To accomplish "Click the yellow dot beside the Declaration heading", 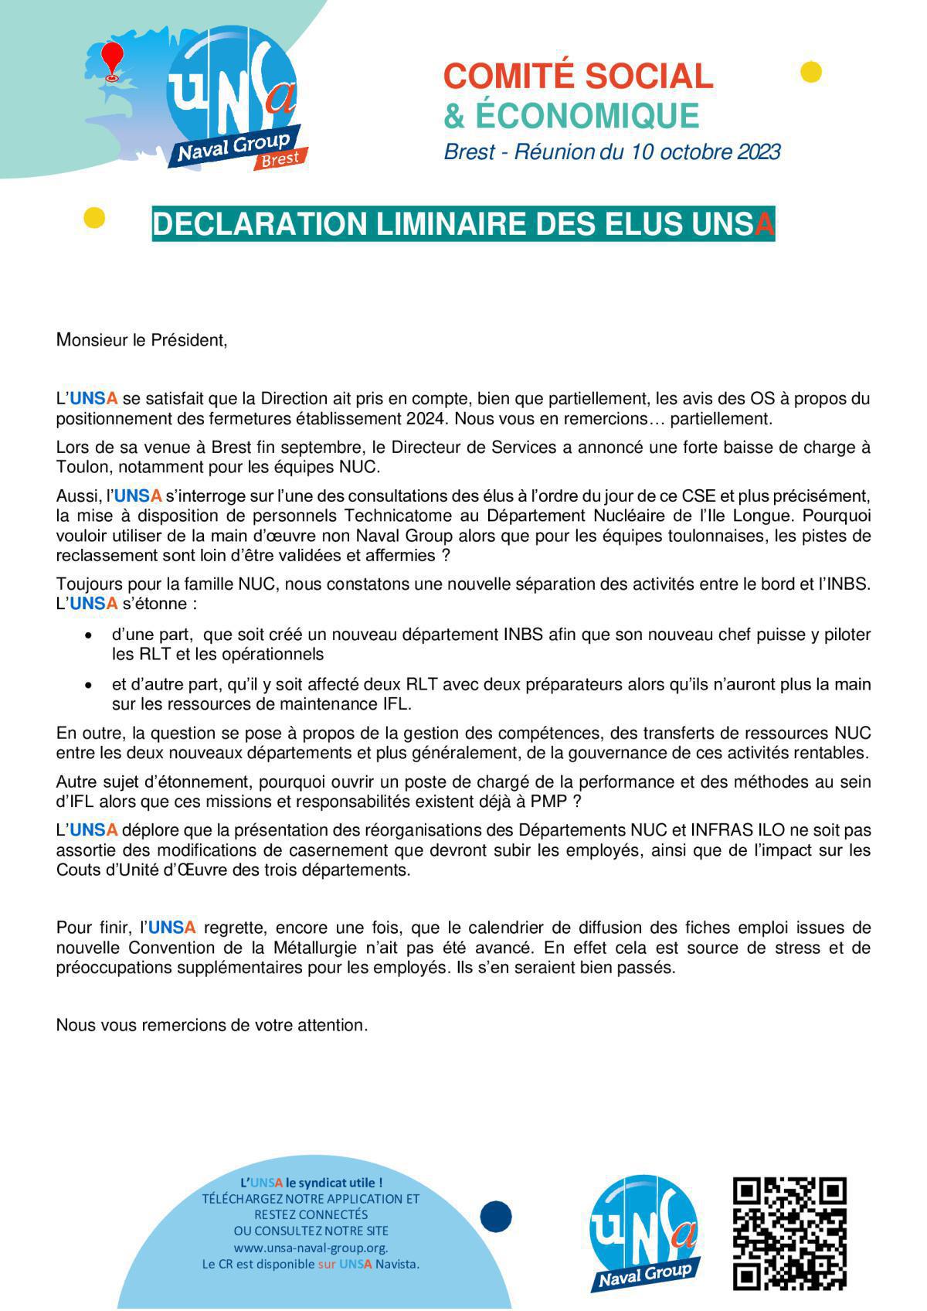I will tap(93, 218).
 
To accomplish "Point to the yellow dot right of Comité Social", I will tap(810, 72).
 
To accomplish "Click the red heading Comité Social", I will tap(578, 76).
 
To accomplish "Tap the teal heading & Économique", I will tap(571, 115).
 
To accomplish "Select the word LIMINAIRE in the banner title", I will tap(439, 224).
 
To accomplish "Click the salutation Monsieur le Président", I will tap(141, 340).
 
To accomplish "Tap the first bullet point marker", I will tap(90, 635).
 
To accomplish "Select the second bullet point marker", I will tap(90, 685).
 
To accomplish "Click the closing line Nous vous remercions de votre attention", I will tap(212, 1025).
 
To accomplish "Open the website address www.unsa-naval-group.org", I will tap(311, 1248).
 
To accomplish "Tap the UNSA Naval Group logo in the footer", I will tap(645, 1233).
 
